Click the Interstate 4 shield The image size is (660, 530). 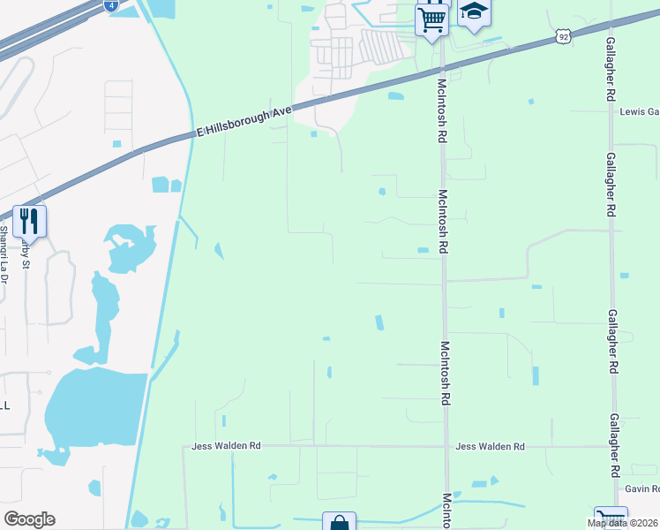[x=109, y=5]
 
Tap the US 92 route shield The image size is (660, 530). [x=564, y=36]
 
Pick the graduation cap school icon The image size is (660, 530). [x=474, y=12]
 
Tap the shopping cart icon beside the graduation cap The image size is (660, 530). [x=431, y=18]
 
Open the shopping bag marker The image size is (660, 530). [x=339, y=523]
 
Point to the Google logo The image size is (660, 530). [x=29, y=519]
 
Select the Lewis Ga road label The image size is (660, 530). [x=639, y=112]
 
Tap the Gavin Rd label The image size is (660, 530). [x=641, y=488]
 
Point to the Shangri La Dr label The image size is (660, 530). [x=4, y=255]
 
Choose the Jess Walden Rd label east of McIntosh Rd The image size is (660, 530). [x=490, y=447]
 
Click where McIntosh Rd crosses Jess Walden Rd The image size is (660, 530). [x=446, y=447]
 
